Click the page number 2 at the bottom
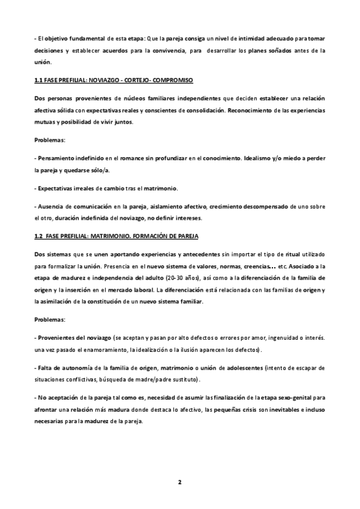point(179,482)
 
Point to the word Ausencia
point(53,206)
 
